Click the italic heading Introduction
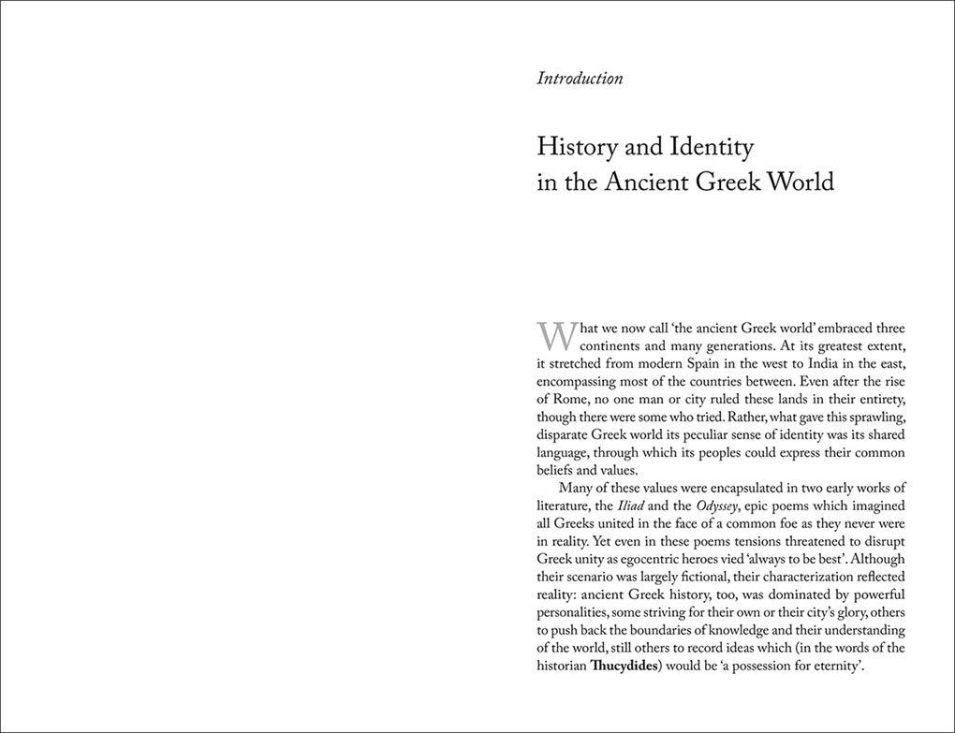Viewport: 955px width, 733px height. click(x=580, y=79)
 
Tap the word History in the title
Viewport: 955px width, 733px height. click(x=577, y=147)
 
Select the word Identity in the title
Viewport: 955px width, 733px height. click(x=708, y=147)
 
